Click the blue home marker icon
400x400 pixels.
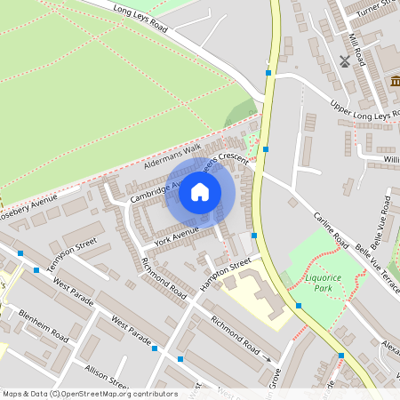pos(200,191)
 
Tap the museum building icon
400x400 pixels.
pos(393,82)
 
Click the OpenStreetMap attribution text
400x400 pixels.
pos(90,394)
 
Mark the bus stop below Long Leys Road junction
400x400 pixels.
pos(268,73)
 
